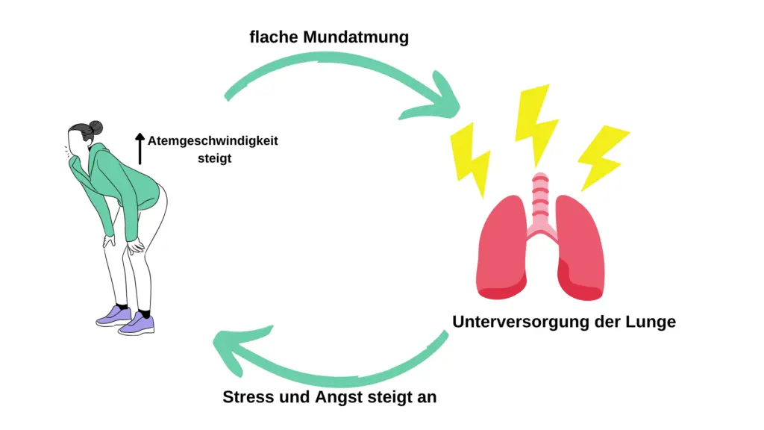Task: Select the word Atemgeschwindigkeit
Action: pos(213,141)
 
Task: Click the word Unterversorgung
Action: pos(520,322)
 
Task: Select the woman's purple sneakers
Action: pos(125,319)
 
